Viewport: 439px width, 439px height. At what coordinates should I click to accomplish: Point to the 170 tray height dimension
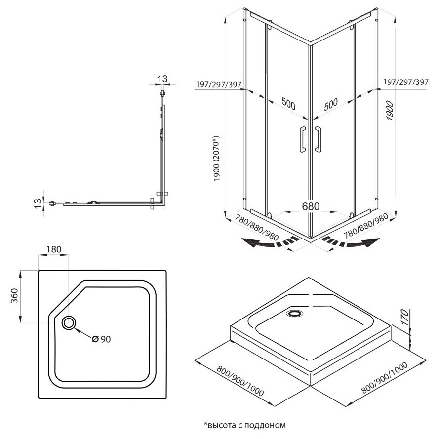click(x=403, y=320)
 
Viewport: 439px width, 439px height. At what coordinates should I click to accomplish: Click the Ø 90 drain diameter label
click(x=102, y=339)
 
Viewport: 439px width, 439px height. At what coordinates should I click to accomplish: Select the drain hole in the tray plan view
click(x=69, y=323)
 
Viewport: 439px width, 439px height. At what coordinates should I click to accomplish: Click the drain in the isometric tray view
click(x=295, y=313)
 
